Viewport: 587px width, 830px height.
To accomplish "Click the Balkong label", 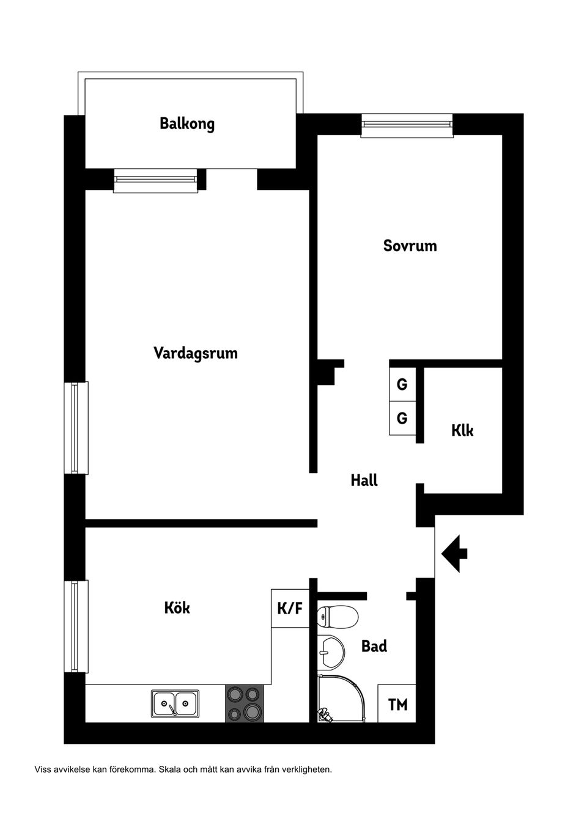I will pos(187,124).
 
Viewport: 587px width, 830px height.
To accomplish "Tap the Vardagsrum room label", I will pos(195,353).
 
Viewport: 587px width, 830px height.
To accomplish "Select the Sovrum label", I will pos(410,246).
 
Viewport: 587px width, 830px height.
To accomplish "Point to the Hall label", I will pos(364,480).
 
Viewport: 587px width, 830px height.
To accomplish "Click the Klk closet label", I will pos(462,430).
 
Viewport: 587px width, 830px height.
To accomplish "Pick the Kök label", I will pos(177,608).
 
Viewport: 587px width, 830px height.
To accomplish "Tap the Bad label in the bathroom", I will pos(374,646).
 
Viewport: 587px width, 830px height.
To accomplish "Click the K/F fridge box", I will pos(290,608).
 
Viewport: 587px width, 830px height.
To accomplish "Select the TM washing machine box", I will pos(397,705).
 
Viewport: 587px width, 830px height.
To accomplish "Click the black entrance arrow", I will pos(454,554).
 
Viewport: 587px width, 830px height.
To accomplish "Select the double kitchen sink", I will pos(175,703).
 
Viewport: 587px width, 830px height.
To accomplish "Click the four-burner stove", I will pos(245,703).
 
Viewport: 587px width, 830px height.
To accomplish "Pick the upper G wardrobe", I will pos(402,384).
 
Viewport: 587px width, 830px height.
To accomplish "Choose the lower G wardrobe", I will pos(402,419).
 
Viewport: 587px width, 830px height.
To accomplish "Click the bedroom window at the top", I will pos(407,125).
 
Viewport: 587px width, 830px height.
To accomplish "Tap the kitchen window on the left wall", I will pos(76,626).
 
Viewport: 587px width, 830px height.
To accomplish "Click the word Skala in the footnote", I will pos(169,769).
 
